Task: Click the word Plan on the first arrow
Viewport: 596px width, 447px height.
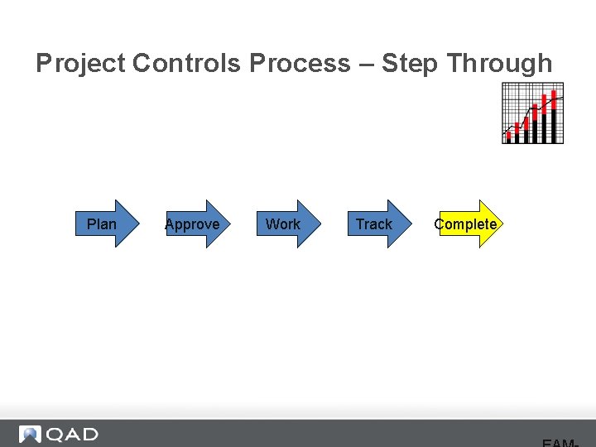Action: point(102,224)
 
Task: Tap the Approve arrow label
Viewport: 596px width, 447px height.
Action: point(192,224)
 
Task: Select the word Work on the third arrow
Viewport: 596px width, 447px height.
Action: point(283,224)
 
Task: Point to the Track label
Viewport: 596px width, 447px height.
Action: point(374,224)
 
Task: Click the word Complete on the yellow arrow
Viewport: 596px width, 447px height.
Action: point(465,224)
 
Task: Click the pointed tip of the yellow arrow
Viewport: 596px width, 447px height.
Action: point(500,223)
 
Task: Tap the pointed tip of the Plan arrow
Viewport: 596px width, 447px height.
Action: point(139,223)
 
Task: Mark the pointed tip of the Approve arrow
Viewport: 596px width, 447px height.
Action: point(230,223)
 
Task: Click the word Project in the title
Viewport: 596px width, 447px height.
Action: point(80,64)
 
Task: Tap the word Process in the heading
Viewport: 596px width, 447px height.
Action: point(300,64)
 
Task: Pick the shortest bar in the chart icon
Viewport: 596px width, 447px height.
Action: point(508,137)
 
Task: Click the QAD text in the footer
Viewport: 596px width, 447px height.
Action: point(72,435)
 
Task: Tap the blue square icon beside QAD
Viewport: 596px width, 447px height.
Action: point(31,435)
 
